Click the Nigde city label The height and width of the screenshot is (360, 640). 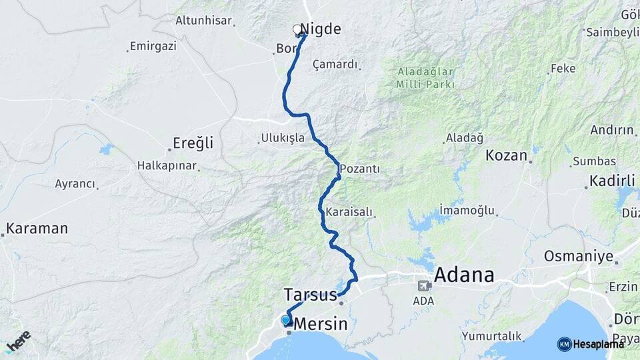321,29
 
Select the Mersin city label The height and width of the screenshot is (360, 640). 321,325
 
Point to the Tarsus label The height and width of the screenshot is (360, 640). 310,294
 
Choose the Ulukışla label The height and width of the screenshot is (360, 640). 283,138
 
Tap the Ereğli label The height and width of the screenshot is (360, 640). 193,143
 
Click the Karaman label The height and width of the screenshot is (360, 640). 37,229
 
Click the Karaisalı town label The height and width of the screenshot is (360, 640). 349,212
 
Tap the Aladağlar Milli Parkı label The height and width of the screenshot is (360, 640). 425,78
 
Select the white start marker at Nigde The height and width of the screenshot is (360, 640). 297,29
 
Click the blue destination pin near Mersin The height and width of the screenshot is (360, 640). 285,320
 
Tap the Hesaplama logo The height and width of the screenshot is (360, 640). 591,344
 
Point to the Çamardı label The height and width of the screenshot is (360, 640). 335,65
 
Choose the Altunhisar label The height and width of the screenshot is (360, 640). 203,21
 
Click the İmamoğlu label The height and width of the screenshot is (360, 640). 467,211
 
